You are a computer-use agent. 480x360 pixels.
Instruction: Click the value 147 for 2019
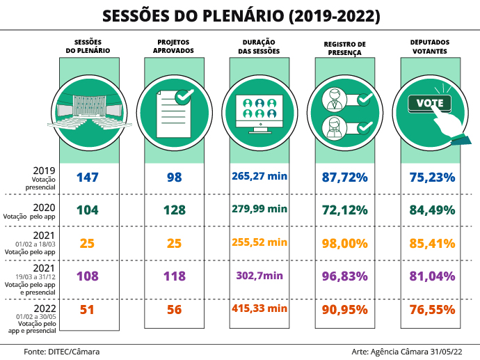88,178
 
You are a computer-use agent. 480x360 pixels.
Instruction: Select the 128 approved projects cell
174,210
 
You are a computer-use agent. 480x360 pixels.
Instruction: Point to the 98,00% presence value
344,243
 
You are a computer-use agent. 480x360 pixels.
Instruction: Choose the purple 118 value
174,276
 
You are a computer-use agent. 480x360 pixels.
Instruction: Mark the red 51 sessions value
88,309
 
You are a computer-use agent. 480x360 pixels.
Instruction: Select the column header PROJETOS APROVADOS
174,47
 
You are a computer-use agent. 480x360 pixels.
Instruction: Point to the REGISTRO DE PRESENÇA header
344,47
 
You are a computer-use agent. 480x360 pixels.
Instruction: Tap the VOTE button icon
430,104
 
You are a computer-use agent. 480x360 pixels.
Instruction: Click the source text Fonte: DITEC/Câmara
61,352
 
